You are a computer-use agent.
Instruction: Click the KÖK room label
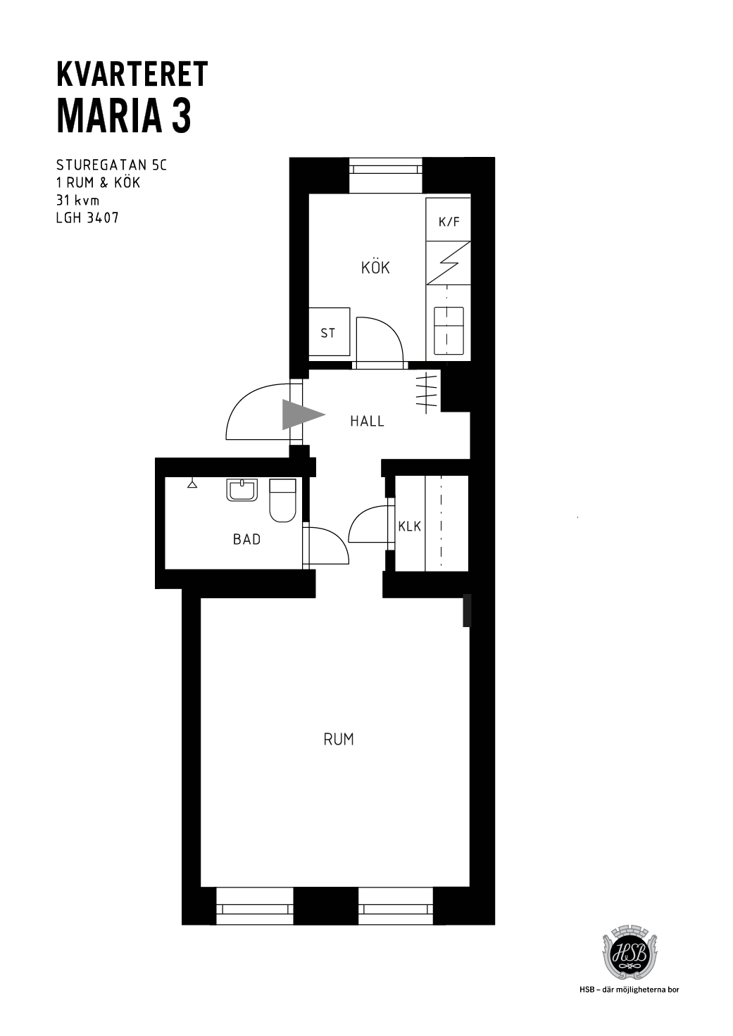click(375, 267)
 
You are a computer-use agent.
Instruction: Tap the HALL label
click(367, 422)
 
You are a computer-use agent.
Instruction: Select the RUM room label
click(339, 740)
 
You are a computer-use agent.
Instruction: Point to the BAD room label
click(246, 539)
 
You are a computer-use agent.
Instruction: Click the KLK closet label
click(410, 526)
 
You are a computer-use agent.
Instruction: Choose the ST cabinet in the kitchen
click(329, 331)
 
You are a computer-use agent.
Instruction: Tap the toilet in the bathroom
click(282, 500)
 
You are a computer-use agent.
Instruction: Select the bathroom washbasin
click(242, 491)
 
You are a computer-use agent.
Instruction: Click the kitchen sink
click(449, 330)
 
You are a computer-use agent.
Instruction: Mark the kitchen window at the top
click(385, 175)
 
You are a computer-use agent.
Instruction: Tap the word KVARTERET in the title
click(132, 74)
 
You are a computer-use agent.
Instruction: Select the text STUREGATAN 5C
click(111, 165)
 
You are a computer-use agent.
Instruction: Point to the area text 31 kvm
click(77, 201)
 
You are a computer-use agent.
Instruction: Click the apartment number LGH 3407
click(87, 217)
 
